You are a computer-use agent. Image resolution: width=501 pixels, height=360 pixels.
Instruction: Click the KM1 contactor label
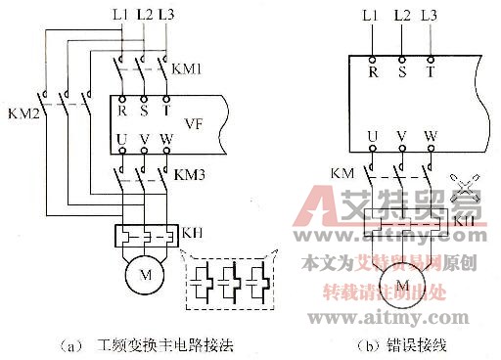186,70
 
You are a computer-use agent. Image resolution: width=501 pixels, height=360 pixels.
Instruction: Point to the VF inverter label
193,125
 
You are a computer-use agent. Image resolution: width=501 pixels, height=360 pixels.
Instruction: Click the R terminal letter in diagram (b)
373,72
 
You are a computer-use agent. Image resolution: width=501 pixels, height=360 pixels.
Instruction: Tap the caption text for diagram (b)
405,344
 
